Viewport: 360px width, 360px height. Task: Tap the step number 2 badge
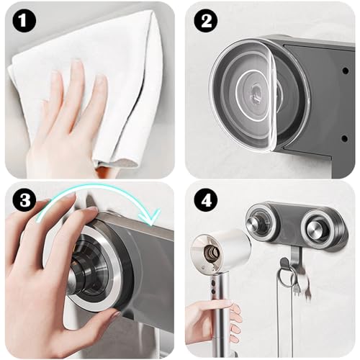click(x=207, y=22)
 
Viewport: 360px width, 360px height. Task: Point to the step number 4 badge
click(x=207, y=203)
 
